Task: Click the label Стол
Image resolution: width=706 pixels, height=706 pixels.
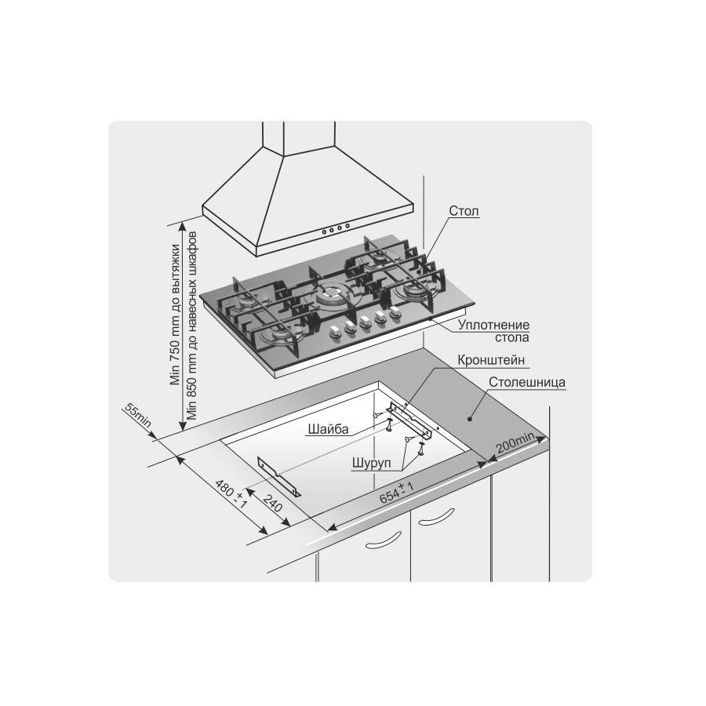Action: pyautogui.click(x=464, y=211)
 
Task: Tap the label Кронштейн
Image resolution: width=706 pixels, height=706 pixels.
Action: pyautogui.click(x=491, y=360)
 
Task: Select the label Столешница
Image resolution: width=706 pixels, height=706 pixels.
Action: pyautogui.click(x=527, y=382)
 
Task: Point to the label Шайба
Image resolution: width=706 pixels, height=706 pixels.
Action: pyautogui.click(x=328, y=429)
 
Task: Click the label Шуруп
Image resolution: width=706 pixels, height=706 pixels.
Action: pyautogui.click(x=372, y=463)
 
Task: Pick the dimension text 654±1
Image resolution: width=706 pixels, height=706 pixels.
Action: pyautogui.click(x=397, y=492)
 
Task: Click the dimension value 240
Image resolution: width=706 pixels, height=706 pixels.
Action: pyautogui.click(x=272, y=504)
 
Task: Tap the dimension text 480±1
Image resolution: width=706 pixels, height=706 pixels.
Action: pyautogui.click(x=231, y=494)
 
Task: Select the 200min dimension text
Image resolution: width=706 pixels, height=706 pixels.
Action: pyautogui.click(x=515, y=442)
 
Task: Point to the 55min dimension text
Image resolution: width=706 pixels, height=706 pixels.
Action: pyautogui.click(x=138, y=416)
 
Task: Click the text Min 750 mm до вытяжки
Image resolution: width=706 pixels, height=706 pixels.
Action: pyautogui.click(x=175, y=315)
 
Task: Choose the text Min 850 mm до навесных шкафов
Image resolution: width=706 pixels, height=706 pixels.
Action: pyautogui.click(x=192, y=326)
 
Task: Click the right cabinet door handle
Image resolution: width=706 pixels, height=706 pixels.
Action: pyautogui.click(x=436, y=517)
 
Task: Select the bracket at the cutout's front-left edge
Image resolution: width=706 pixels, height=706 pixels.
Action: pyautogui.click(x=279, y=476)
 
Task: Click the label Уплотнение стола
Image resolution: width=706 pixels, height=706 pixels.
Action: pyautogui.click(x=494, y=331)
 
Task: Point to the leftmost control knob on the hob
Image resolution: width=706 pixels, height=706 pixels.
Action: pyautogui.click(x=335, y=332)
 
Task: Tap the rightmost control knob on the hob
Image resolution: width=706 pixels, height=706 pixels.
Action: pyautogui.click(x=395, y=311)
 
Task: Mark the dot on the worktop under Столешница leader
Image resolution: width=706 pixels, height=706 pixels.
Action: pyautogui.click(x=469, y=419)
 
